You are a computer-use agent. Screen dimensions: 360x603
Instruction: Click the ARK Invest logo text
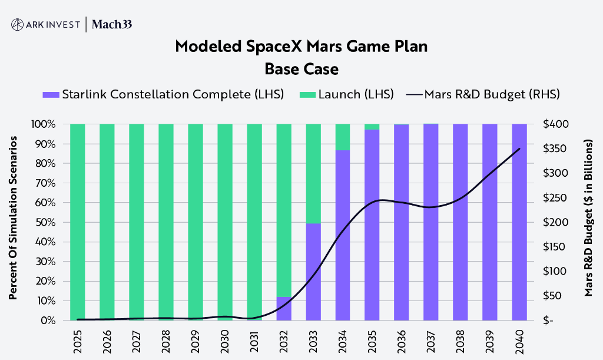coord(52,24)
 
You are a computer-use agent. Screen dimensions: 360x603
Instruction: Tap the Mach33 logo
coord(115,24)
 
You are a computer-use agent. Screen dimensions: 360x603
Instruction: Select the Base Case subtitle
coord(301,69)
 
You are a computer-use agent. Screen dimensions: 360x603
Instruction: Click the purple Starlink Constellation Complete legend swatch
coord(51,94)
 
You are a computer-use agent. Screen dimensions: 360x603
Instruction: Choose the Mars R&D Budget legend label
coord(492,94)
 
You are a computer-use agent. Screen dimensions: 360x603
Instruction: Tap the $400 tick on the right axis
coord(555,124)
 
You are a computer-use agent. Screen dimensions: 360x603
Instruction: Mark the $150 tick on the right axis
coord(555,247)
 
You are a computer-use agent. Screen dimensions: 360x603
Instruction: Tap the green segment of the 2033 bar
coord(313,174)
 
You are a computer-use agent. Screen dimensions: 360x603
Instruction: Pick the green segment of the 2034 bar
coord(343,137)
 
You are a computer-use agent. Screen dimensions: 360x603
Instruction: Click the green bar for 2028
coord(166,222)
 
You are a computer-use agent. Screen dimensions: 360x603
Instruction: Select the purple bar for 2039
coord(490,222)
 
